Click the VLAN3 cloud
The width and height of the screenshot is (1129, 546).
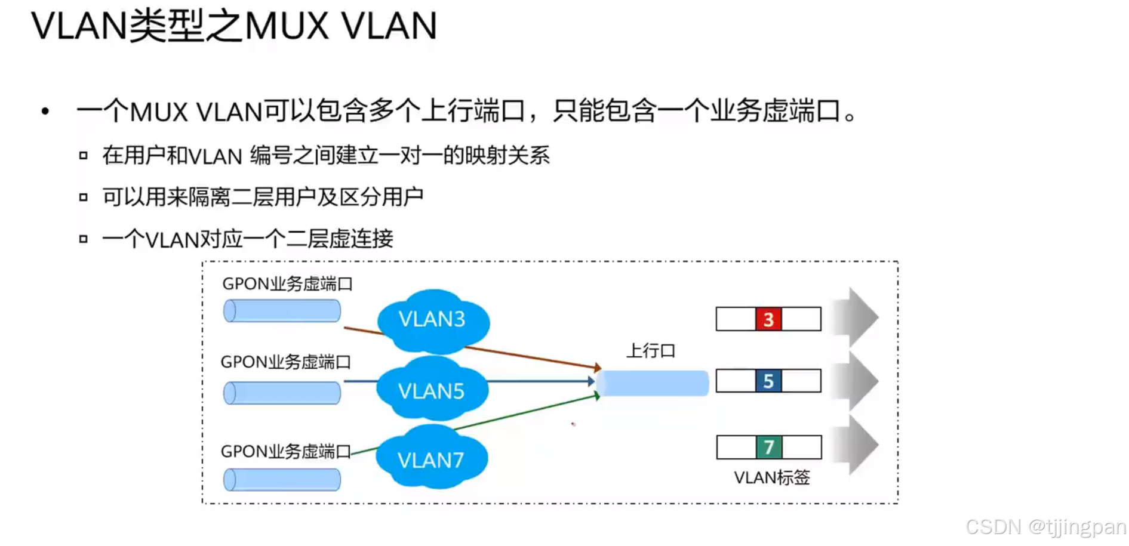coord(433,320)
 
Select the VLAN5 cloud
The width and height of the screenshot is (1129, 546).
coord(432,391)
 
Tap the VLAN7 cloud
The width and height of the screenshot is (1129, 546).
coord(431,459)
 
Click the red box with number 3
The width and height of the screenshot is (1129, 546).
coord(768,319)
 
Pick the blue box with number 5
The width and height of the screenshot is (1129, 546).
coord(768,381)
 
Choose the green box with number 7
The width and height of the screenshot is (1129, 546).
coord(768,447)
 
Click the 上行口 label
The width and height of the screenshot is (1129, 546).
coord(650,350)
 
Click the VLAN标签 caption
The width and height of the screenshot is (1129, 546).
coord(771,477)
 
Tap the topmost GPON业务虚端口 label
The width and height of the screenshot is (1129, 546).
coord(287,283)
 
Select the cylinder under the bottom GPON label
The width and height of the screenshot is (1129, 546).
coord(282,480)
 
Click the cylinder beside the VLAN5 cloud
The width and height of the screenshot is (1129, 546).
coord(282,393)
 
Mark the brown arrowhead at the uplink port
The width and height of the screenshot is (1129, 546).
coord(596,367)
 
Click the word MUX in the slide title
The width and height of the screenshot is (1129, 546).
coord(287,26)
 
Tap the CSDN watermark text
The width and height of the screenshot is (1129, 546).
coord(1045,527)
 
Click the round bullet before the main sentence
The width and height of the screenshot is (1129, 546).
coord(45,111)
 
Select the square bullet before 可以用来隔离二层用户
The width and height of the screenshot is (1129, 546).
coord(84,197)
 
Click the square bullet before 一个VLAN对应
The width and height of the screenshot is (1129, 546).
coord(84,239)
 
